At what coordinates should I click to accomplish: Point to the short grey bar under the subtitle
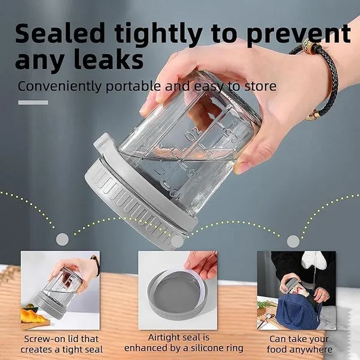click(33, 103)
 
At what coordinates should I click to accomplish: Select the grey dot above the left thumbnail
click(62, 239)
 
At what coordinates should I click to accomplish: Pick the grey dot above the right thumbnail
click(293, 242)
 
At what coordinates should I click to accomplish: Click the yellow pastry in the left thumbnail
click(32, 315)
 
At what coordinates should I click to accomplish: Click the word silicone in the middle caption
click(202, 348)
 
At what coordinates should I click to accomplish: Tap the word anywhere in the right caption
click(311, 350)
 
